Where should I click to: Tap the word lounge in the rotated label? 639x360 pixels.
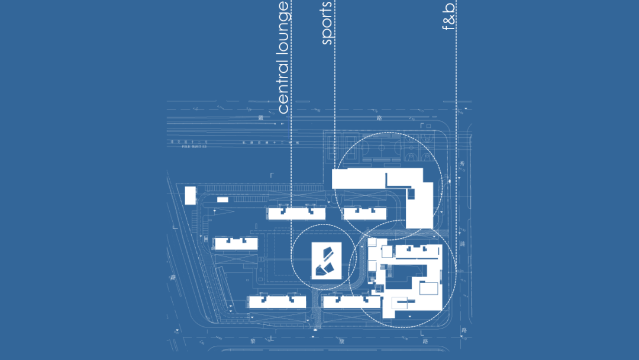[283, 30]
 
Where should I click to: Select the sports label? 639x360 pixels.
[328, 23]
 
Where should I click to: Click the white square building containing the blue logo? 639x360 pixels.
[326, 261]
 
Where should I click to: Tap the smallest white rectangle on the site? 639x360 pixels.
[222, 200]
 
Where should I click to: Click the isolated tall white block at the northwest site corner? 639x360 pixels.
[190, 195]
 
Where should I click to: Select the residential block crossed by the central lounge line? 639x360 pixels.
[296, 213]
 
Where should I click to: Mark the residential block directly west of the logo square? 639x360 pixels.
[235, 243]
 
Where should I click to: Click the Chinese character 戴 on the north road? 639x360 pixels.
[260, 118]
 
